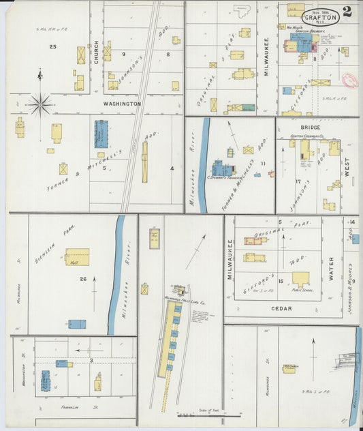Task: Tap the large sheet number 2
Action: [347, 12]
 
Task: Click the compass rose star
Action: [40, 104]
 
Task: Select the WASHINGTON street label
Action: [122, 104]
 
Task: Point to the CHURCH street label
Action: [97, 55]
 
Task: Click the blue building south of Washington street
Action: [101, 134]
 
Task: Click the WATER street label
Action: [332, 269]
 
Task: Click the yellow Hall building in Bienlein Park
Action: [77, 256]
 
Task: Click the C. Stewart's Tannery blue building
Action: [221, 168]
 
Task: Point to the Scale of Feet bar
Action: [208, 414]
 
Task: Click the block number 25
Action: [52, 46]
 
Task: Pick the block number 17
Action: [298, 181]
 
